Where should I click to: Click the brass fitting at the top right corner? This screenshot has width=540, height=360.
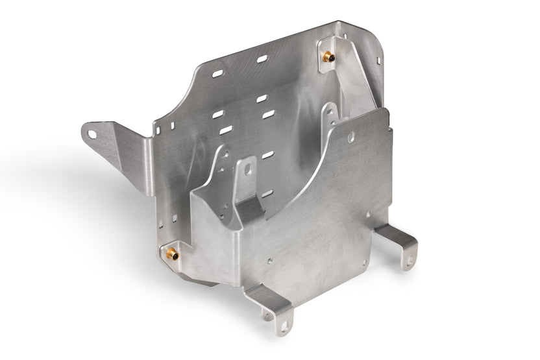click(329, 57)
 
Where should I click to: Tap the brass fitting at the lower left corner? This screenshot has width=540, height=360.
click(172, 254)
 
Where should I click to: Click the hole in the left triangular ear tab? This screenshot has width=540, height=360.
click(92, 135)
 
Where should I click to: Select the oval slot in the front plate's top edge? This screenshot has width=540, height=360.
click(350, 138)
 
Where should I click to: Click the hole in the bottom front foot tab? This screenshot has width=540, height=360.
click(283, 324)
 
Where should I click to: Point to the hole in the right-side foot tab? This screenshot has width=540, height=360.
click(410, 260)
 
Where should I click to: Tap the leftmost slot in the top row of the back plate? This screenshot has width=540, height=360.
click(218, 73)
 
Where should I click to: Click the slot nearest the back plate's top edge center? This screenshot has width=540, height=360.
click(262, 59)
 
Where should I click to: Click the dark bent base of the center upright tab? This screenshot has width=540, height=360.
click(249, 209)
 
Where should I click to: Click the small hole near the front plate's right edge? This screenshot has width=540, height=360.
click(368, 214)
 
